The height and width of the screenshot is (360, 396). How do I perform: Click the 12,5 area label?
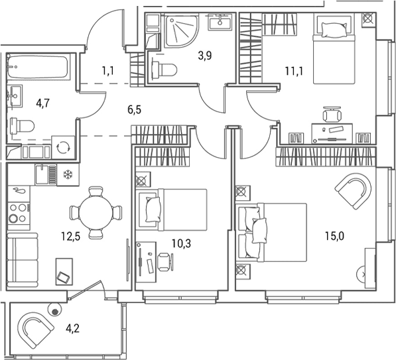(x=71, y=237)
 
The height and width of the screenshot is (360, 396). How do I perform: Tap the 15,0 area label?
(x=334, y=237)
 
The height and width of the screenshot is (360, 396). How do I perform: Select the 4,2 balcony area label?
(x=73, y=328)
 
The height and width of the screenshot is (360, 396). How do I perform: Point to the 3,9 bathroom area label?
(x=205, y=56)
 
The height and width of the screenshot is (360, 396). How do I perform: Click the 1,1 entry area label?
(x=108, y=71)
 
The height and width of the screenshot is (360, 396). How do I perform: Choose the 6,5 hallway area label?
(x=135, y=110)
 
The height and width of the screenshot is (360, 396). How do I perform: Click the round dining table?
(x=96, y=212)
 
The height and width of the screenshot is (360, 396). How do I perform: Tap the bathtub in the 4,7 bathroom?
(x=38, y=67)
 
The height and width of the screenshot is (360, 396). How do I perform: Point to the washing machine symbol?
(x=63, y=147)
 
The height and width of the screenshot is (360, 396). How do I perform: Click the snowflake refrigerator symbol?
(x=68, y=175)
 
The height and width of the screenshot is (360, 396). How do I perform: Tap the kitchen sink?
(x=46, y=174)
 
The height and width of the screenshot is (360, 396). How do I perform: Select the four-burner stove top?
(x=19, y=213)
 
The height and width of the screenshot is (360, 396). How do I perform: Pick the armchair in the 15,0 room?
(x=354, y=191)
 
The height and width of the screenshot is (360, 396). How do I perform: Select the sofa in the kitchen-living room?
(x=23, y=261)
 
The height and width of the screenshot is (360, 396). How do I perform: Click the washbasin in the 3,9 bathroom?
(x=220, y=23)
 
